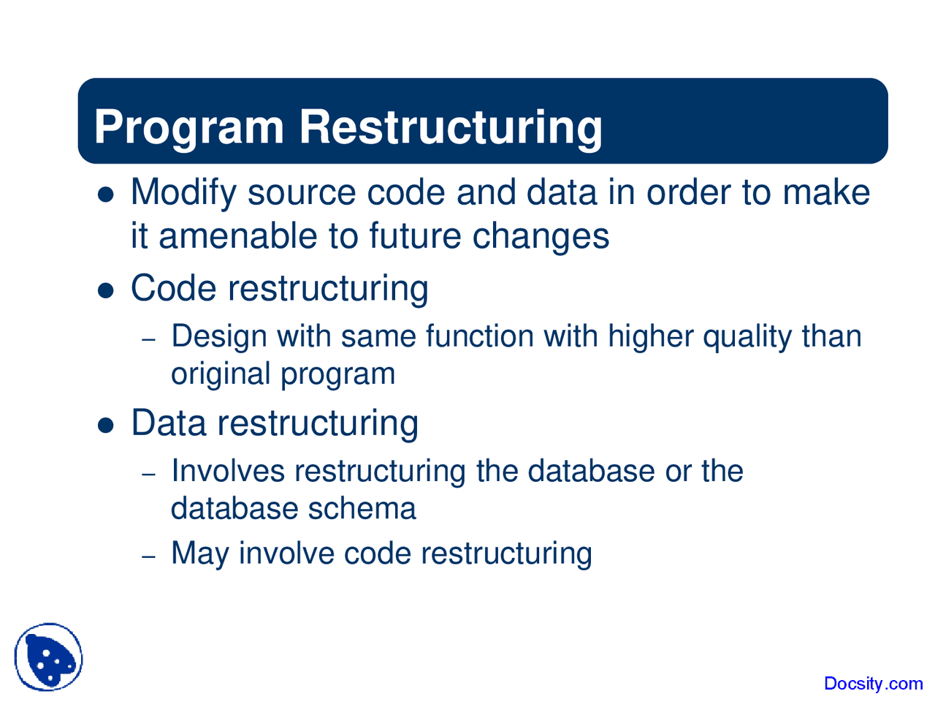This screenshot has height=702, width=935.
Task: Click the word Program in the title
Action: coord(188,127)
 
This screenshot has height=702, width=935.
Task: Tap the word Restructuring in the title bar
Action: coord(451,127)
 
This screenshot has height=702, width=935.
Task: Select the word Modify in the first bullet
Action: coord(183,193)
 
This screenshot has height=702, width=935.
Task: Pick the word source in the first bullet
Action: coord(302,193)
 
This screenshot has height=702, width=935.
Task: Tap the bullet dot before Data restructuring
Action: coord(107,426)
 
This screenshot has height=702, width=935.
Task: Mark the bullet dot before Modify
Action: coord(107,195)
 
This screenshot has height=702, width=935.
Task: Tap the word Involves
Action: coord(228,471)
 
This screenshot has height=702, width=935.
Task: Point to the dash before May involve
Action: coord(149,557)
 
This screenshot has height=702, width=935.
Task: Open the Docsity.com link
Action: coord(873,684)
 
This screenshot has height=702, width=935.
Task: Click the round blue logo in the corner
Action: coord(49,657)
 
